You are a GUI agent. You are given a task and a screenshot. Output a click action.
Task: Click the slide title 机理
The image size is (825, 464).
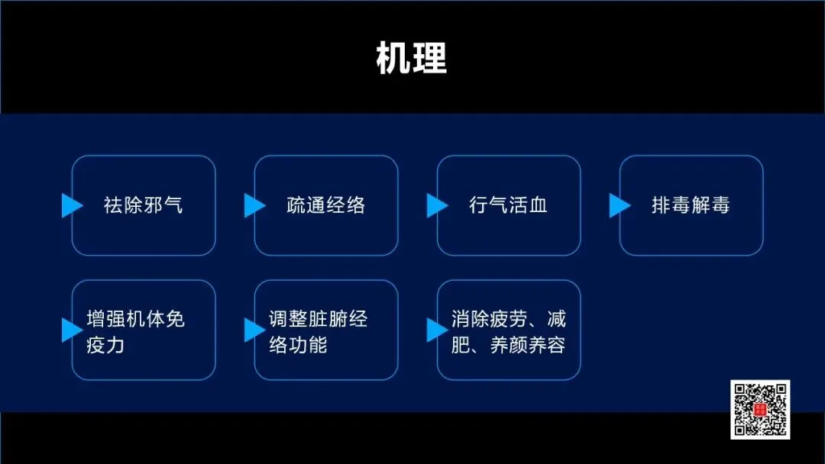tap(411, 58)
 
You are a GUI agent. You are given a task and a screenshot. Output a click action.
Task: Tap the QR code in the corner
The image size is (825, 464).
tap(760, 409)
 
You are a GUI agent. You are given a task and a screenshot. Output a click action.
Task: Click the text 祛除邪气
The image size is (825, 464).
tap(144, 205)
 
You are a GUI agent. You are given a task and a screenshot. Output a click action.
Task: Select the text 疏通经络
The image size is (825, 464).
tap(326, 205)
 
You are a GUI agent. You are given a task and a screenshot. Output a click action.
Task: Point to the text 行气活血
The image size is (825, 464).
tap(509, 205)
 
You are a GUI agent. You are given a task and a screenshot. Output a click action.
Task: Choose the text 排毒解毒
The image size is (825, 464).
tap(691, 205)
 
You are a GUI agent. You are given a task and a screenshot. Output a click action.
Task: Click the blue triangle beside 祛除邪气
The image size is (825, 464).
tap(71, 205)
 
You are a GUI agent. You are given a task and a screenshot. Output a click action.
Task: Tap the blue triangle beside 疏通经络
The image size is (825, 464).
tap(254, 205)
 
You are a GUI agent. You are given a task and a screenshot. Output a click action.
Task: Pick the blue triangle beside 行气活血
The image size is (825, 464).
tap(436, 205)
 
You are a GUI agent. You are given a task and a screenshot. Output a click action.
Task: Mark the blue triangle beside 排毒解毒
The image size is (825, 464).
tap(619, 205)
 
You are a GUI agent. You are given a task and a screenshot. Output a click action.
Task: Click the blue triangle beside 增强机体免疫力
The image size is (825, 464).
tap(71, 330)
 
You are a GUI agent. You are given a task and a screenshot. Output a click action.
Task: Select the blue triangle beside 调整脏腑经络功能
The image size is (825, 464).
tap(254, 330)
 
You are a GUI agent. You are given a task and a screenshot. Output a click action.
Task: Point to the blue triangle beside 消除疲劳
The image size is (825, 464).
tap(436, 330)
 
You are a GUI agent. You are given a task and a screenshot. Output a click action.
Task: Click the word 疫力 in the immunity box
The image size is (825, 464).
tap(106, 345)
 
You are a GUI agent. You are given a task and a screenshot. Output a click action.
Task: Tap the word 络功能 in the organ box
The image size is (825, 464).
tap(298, 345)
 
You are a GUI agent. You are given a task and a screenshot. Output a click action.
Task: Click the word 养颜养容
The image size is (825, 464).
tap(528, 345)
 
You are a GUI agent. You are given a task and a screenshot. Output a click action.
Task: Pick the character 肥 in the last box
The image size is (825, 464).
tap(461, 345)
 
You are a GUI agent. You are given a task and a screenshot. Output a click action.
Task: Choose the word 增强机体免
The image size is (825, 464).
tap(136, 319)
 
